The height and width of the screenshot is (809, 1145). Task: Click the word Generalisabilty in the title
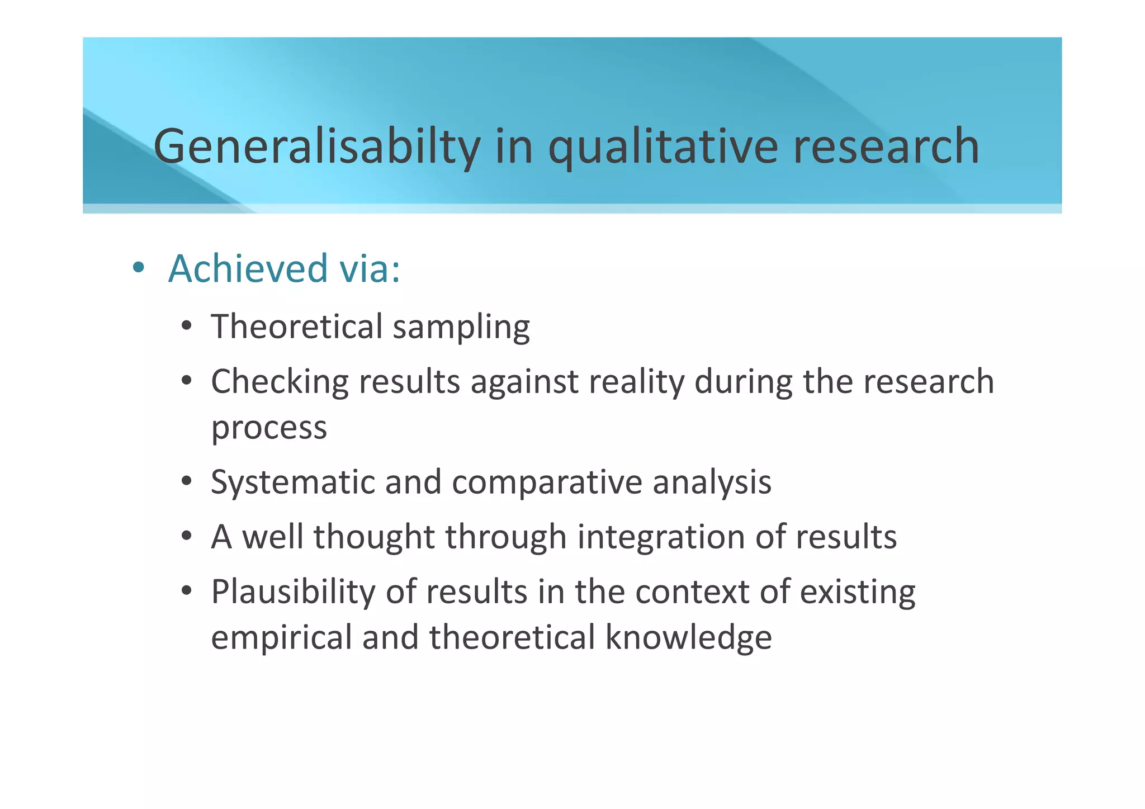pyautogui.click(x=316, y=146)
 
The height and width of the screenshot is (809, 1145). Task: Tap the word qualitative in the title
pyautogui.click(x=663, y=146)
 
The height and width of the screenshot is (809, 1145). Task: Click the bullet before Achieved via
pyautogui.click(x=138, y=268)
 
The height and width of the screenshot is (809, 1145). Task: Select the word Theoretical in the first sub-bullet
pyautogui.click(x=297, y=327)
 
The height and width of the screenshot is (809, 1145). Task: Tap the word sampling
pyautogui.click(x=461, y=328)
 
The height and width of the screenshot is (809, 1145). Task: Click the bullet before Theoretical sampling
pyautogui.click(x=187, y=326)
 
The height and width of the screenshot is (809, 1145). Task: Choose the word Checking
pyautogui.click(x=280, y=382)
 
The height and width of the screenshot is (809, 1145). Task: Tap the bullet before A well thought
pyautogui.click(x=187, y=536)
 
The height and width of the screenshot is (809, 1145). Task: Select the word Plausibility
pyautogui.click(x=294, y=592)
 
